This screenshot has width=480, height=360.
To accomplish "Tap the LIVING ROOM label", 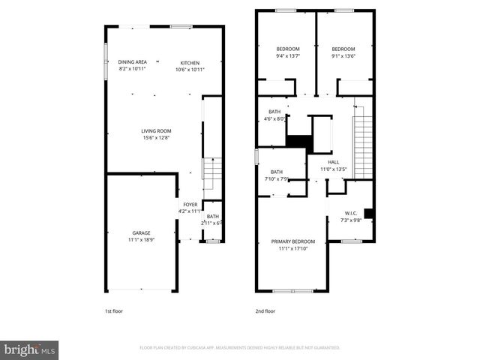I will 156,131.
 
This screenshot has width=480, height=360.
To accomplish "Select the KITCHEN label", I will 190,62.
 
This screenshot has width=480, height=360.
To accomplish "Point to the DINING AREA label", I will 132,62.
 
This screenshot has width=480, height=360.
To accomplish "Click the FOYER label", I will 190,205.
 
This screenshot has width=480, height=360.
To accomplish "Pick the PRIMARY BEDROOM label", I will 292,241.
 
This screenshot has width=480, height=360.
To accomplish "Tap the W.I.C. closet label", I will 352,213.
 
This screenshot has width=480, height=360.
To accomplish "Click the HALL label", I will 334,162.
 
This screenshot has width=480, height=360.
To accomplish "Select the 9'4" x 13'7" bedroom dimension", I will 288,55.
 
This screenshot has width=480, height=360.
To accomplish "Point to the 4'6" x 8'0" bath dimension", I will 274,118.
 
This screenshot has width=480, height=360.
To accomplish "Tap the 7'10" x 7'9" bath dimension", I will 277,178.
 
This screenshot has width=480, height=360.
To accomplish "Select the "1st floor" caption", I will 114,310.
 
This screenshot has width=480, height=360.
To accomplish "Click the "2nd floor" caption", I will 265,310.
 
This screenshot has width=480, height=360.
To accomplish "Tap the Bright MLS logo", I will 30,349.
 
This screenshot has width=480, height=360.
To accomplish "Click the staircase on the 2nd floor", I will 363,142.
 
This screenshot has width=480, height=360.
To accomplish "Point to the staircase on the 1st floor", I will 213,174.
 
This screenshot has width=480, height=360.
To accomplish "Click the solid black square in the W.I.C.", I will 368,213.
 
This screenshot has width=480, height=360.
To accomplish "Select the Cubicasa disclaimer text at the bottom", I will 240,348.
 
